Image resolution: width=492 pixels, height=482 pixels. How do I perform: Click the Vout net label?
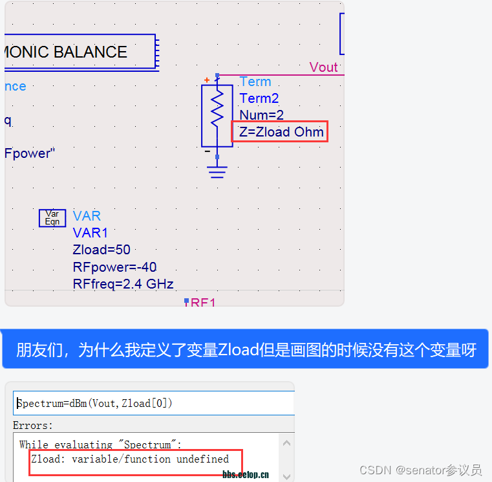tap(323, 67)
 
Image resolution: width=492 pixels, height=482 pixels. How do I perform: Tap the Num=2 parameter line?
tap(261, 115)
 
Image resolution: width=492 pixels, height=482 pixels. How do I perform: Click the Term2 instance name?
tap(259, 98)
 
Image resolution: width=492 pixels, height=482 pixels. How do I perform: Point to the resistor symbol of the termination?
tap(217, 115)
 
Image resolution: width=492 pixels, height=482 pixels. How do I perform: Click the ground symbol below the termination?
tap(217, 171)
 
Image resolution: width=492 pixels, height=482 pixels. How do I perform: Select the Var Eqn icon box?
tap(52, 218)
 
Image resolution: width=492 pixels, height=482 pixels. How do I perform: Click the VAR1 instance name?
tap(91, 233)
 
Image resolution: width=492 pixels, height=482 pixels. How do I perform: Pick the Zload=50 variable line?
tap(102, 250)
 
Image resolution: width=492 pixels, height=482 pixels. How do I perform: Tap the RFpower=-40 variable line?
tap(114, 267)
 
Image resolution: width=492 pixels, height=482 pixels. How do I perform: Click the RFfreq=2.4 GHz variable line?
tap(123, 284)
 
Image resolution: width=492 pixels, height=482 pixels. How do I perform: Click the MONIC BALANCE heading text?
tap(65, 52)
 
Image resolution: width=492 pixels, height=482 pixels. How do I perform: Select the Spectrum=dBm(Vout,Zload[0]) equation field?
tap(95, 404)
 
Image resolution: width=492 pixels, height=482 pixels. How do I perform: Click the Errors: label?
tap(33, 426)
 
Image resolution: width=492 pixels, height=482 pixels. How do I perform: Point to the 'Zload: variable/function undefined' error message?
tap(130, 459)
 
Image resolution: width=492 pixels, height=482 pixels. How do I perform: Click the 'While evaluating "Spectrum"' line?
tap(100, 444)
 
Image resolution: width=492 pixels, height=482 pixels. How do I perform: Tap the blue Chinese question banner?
tap(246, 350)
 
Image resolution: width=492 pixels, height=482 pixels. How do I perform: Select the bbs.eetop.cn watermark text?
tap(246, 475)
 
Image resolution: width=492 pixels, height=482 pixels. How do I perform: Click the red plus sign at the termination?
tap(207, 80)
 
